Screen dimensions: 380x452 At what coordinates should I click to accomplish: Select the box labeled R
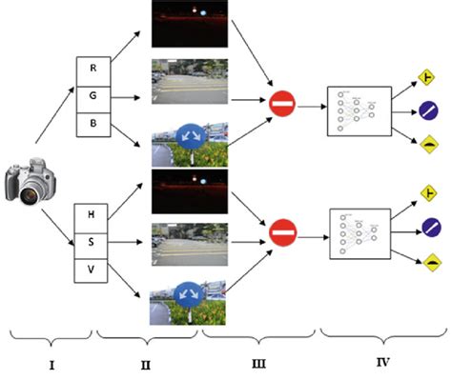[x=92, y=69]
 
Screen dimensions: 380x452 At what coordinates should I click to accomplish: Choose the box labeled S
[x=92, y=243]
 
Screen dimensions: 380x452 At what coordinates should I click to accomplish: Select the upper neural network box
[x=358, y=110]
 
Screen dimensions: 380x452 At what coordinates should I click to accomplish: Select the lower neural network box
[x=358, y=234]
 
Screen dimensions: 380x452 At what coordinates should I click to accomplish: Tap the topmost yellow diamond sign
[x=430, y=71]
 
